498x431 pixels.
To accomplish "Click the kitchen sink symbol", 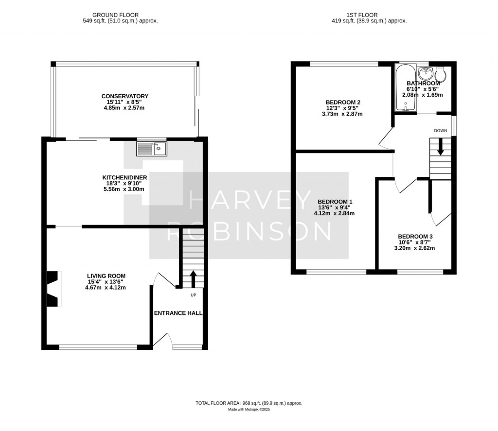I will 152,149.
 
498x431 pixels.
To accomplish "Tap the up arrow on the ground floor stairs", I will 193,279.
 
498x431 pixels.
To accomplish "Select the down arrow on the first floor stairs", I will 441,146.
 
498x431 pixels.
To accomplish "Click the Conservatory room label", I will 124,96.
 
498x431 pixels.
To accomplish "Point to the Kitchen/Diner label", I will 124,177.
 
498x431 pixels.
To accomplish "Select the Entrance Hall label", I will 178,313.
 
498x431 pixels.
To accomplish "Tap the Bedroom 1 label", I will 335,202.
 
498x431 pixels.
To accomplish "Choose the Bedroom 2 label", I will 343,102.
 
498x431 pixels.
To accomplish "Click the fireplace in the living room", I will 53,289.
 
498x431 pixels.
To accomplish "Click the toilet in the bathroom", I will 441,74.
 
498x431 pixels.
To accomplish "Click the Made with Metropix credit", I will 249,410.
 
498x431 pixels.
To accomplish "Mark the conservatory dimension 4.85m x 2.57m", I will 124,108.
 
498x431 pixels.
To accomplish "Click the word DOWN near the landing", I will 441,131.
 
